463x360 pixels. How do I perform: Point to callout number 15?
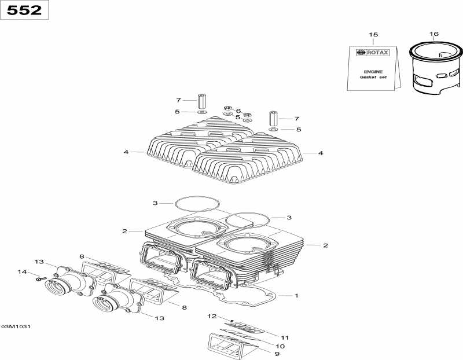point(373,35)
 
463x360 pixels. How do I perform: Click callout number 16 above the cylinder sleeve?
point(433,34)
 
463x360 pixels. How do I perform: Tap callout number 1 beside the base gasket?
point(296,296)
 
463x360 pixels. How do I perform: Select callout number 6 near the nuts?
point(238,111)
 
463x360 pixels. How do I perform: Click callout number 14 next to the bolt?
point(23,272)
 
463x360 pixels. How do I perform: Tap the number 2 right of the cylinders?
point(325,245)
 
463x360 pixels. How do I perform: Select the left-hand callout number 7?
point(179,100)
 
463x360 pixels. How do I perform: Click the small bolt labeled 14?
point(39,279)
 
